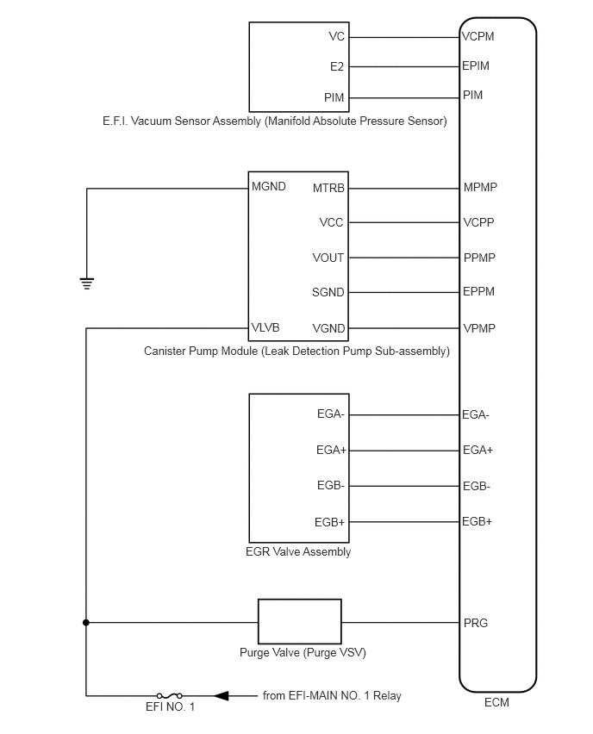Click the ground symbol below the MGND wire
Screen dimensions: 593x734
coord(87,283)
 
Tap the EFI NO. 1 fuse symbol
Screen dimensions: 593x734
coord(169,695)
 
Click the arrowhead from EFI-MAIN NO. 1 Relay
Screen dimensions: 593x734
coord(222,695)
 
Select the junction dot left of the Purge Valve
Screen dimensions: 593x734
coord(85,622)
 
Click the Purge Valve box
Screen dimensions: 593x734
coord(299,621)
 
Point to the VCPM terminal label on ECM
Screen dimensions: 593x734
coord(478,36)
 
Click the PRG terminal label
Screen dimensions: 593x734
coord(476,623)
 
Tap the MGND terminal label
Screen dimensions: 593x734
coord(268,186)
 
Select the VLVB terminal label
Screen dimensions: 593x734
coord(265,327)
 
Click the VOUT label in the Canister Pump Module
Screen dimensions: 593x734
coord(328,258)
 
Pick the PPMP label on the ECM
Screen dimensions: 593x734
coord(479,258)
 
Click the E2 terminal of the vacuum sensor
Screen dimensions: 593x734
coord(337,66)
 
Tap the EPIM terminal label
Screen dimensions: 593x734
coord(476,65)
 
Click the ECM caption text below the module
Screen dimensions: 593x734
coord(496,702)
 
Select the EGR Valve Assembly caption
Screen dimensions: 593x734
coord(298,551)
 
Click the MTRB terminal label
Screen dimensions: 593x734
coord(328,188)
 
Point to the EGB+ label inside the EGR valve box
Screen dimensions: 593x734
coord(330,522)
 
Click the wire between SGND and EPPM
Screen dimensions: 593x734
coord(404,292)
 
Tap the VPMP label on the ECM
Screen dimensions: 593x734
coord(478,328)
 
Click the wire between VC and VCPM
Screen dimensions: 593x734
coord(404,37)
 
